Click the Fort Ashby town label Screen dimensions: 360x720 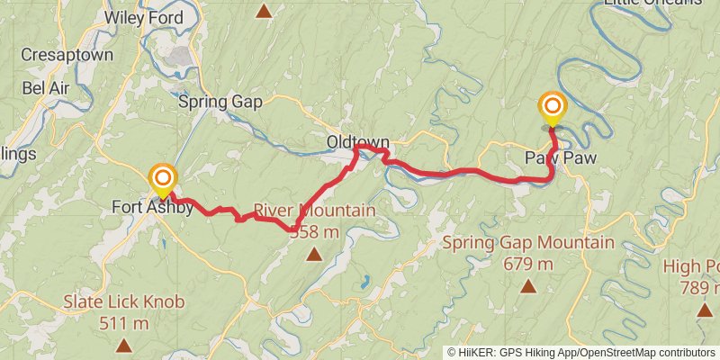point(152,207)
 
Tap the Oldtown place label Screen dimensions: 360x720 point(357,142)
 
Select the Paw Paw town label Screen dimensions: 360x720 point(561,157)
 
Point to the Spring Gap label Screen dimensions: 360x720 point(220,102)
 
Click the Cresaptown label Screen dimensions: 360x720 point(67,55)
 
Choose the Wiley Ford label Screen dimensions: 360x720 point(144,17)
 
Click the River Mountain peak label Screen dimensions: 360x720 point(314,211)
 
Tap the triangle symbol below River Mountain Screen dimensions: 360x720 point(313,254)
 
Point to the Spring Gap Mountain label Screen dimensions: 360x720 point(528,243)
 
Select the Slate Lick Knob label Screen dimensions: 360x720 point(124,301)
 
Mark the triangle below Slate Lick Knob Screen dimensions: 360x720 point(124,345)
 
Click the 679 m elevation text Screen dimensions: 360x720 point(528,264)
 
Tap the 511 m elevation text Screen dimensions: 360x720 point(124,322)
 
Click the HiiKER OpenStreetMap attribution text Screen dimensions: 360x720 point(580,352)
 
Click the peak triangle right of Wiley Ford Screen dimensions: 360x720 point(264,12)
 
